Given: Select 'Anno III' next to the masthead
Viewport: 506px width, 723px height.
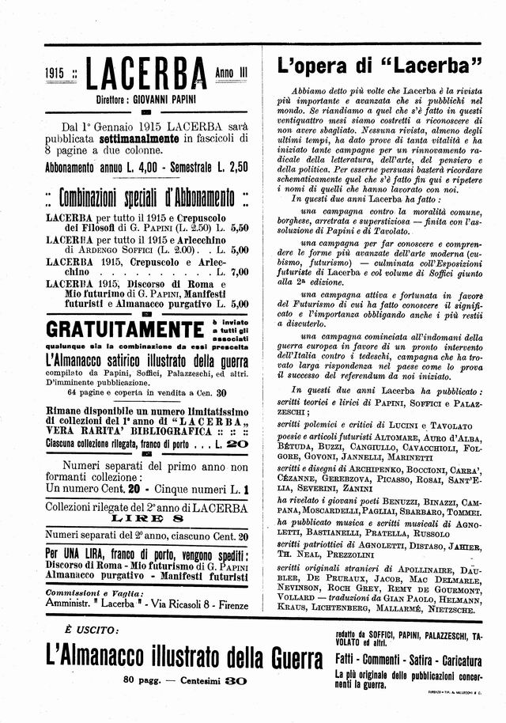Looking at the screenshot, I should click(231, 73).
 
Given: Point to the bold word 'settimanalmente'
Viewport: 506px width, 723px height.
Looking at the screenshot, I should click(141, 138).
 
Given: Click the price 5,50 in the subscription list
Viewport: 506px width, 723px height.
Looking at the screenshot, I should click(238, 228).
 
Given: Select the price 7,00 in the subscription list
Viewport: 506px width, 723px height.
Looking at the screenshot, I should click(238, 272).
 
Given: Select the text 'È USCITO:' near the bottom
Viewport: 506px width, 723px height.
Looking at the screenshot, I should click(81, 630).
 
